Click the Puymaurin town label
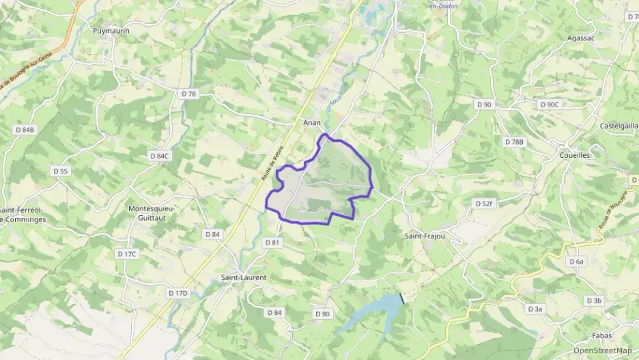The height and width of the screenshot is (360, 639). coord(111,31)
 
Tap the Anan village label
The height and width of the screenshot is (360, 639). coord(312,122)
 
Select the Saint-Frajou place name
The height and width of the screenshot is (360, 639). coord(425,236)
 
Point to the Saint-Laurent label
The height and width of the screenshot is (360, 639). coord(244,277)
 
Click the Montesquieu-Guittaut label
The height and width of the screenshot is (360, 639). coord(152,212)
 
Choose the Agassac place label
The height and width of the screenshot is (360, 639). coord(581,38)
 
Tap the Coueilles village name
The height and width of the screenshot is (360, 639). coord(574,155)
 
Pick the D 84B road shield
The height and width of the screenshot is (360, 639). coord(25,129)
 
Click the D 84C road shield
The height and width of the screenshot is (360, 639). coord(159,156)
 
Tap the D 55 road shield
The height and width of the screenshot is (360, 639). coord(61,171)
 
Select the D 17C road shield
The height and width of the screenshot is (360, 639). coord(127,254)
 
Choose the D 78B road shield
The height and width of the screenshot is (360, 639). coord(514,142)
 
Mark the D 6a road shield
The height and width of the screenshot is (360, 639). coord(577,262)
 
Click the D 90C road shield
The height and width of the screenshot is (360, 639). coord(549,105)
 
